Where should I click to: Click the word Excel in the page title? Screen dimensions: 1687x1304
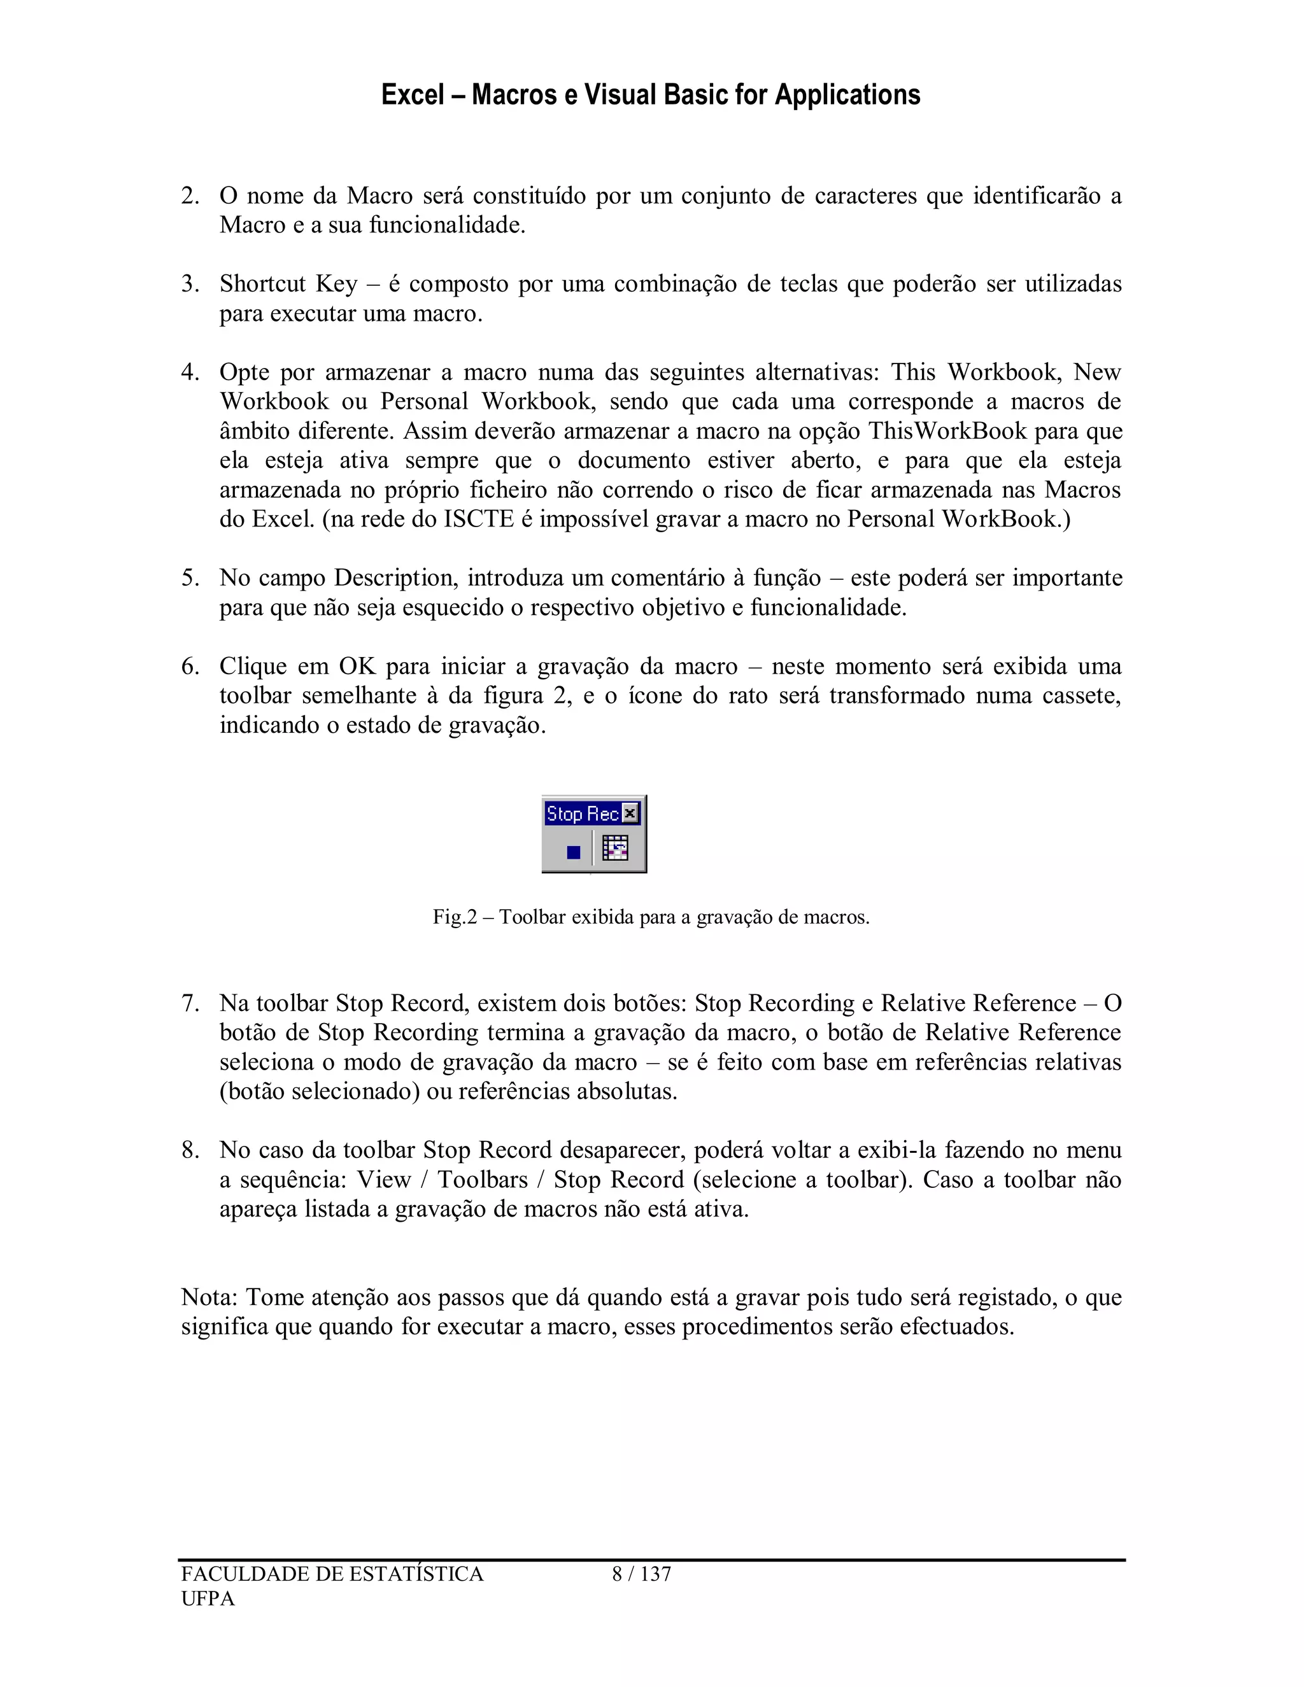pyautogui.click(x=413, y=95)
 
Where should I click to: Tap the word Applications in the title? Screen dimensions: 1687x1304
pyautogui.click(x=847, y=95)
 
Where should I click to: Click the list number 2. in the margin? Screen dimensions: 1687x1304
pyautogui.click(x=190, y=196)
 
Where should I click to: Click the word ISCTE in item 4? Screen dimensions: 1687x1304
pyautogui.click(x=478, y=519)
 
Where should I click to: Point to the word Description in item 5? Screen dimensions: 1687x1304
pyautogui.click(x=395, y=578)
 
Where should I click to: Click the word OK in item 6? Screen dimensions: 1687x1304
pyautogui.click(x=357, y=667)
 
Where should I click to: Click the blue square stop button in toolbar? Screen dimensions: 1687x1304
pyautogui.click(x=573, y=852)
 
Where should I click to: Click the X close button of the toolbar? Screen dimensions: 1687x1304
pyautogui.click(x=630, y=814)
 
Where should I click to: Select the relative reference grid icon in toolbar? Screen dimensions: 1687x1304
pyautogui.click(x=615, y=849)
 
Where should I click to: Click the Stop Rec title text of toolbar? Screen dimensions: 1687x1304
pyautogui.click(x=582, y=814)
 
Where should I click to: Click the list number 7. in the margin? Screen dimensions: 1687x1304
pyautogui.click(x=190, y=1003)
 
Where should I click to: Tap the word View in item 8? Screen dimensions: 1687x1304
pyautogui.click(x=383, y=1180)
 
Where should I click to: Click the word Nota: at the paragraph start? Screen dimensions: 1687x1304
pyautogui.click(x=209, y=1297)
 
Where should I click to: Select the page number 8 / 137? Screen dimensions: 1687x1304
pyautogui.click(x=641, y=1574)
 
